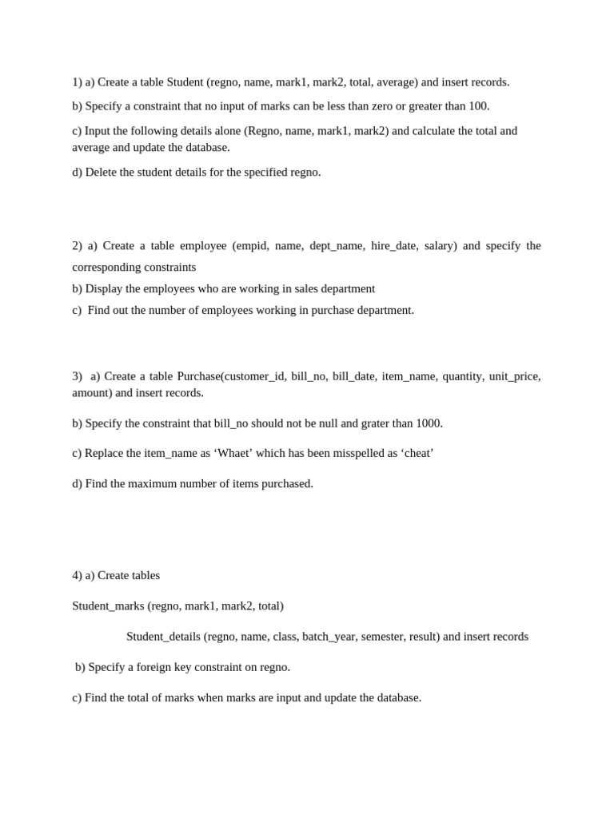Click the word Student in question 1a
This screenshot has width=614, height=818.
[x=185, y=81]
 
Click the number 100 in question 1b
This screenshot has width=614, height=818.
[x=478, y=106]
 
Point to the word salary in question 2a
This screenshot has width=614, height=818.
[x=440, y=245]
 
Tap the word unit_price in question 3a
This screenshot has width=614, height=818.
[x=514, y=375]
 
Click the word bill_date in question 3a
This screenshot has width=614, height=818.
[x=353, y=375]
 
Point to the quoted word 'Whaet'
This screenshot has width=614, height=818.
[x=232, y=453]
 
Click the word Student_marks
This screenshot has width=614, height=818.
[x=108, y=606]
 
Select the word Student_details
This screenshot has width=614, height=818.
[x=163, y=637]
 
